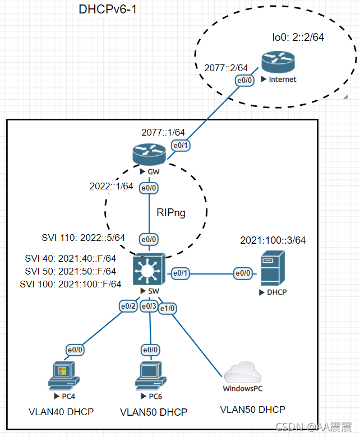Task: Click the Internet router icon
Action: tap(278, 62)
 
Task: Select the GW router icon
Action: tap(149, 155)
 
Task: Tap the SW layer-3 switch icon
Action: tap(149, 269)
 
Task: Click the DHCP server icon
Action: tap(273, 268)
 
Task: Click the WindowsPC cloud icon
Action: tap(243, 372)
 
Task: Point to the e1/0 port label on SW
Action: tap(167, 308)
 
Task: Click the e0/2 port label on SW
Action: tap(128, 306)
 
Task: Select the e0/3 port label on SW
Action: tap(149, 306)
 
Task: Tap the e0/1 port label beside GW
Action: tap(181, 145)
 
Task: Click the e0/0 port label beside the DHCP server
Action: tap(243, 273)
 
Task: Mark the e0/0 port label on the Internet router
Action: tap(244, 80)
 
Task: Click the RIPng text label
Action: tap(171, 213)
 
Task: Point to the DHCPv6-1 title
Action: tap(108, 9)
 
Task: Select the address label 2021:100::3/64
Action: tap(273, 240)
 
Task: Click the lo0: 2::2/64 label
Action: tap(298, 37)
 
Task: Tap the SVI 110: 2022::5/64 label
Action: tap(84, 238)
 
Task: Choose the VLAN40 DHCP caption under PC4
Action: tap(61, 412)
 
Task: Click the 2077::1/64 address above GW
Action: tap(163, 132)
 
